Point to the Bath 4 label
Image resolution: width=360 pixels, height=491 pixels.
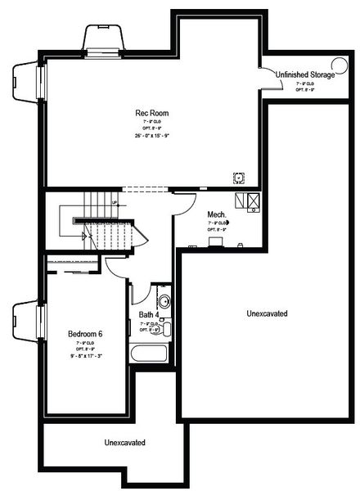pyautogui.click(x=148, y=314)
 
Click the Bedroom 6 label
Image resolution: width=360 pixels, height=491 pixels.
pyautogui.click(x=85, y=334)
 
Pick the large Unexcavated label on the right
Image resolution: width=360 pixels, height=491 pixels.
pyautogui.click(x=266, y=313)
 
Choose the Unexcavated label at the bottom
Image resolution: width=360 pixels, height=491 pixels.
pyautogui.click(x=125, y=443)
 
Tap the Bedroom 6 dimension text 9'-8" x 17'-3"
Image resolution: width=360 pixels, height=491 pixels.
pyautogui.click(x=85, y=355)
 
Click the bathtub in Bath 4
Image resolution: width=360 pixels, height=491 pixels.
pyautogui.click(x=148, y=355)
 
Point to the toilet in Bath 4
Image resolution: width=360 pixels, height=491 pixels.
pyautogui.click(x=166, y=329)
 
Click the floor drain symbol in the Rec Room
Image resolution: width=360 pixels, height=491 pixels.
pyautogui.click(x=238, y=175)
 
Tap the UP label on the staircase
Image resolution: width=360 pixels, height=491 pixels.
pyautogui.click(x=115, y=202)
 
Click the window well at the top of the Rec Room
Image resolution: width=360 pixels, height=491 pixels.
pyautogui.click(x=104, y=38)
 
